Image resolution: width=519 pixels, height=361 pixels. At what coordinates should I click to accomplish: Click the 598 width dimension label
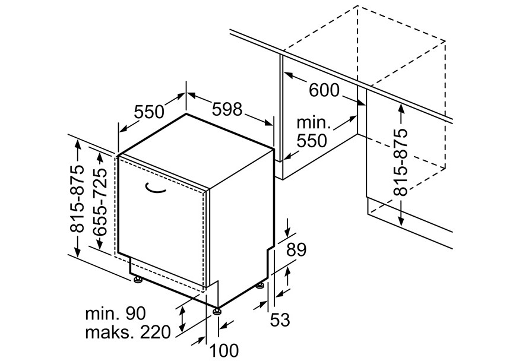pos(227,109)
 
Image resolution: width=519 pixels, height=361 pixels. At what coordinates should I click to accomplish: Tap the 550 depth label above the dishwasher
pos(148,112)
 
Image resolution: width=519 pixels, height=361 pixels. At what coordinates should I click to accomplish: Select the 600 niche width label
pos(324,90)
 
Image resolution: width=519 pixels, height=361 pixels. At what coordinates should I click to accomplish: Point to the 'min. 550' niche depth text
pos(312,132)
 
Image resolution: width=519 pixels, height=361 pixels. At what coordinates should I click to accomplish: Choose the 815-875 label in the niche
pos(402,162)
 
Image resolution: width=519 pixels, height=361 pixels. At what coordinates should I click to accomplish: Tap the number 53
pos(280,319)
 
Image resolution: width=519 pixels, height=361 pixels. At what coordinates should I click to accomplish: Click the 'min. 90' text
pos(116,313)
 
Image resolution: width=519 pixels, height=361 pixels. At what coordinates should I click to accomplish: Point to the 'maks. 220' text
pos(128,331)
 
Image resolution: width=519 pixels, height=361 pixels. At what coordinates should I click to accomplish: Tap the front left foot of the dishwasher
pos(138,280)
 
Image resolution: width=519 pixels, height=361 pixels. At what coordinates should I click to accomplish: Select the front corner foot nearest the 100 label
pos(218,309)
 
